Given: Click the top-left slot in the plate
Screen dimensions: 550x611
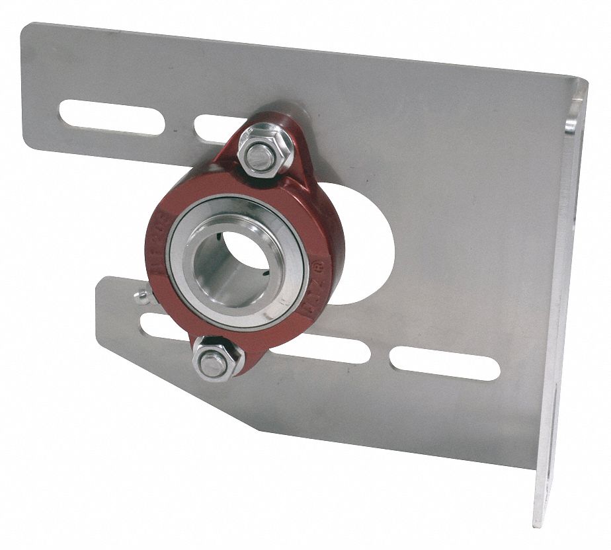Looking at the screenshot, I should coord(112,117).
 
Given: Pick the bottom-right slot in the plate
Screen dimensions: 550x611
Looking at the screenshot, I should coord(444,364).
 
